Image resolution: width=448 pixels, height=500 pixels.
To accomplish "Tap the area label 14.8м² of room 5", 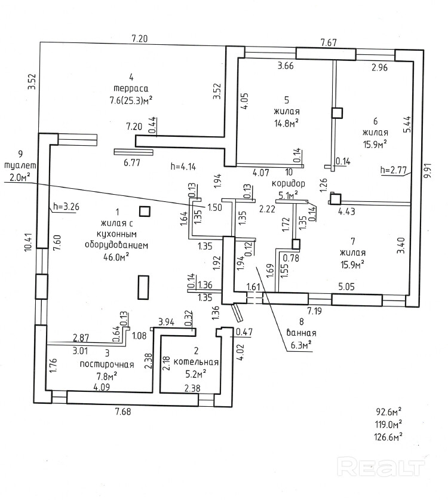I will (x=286, y=123).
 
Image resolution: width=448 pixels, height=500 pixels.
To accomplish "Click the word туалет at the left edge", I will (x=20, y=165).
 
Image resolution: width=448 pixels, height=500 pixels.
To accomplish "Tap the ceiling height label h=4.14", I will (x=183, y=165).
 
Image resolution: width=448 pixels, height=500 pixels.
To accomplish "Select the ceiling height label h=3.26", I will (x=66, y=207).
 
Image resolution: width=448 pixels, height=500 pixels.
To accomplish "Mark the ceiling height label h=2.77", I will (x=393, y=171).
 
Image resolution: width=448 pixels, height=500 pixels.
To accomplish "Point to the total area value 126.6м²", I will (x=388, y=436).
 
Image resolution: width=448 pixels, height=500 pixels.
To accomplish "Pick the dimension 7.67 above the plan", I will (x=329, y=42).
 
